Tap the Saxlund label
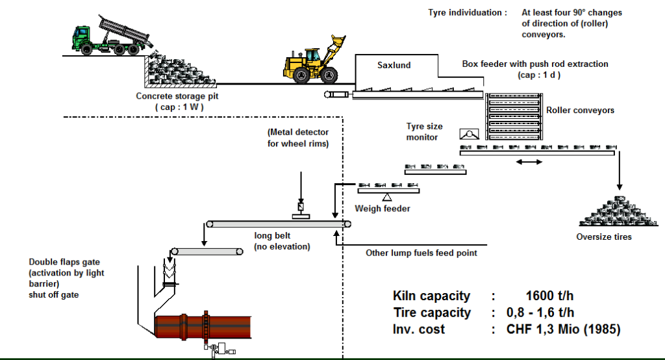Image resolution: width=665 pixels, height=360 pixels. [394, 65]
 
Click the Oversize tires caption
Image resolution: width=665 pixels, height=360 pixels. [603, 237]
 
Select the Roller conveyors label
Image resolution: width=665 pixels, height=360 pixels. [580, 110]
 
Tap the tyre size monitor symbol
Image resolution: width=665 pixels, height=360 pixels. [468, 135]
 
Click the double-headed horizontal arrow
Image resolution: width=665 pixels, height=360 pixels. [529, 161]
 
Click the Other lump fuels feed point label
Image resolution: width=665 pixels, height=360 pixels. [421, 253]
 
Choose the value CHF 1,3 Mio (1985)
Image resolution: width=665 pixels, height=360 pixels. [563, 329]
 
